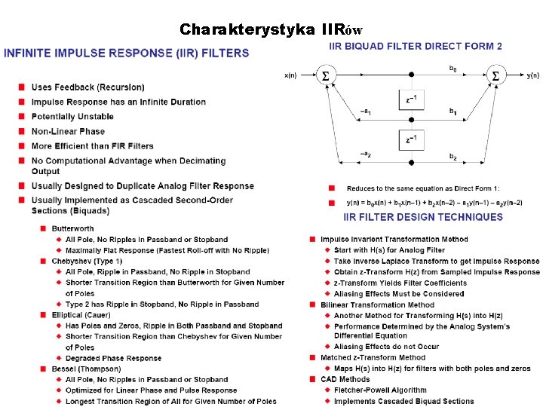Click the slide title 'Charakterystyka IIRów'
(x=271, y=30)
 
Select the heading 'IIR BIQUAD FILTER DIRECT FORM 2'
(x=416, y=47)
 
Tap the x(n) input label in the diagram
(x=290, y=76)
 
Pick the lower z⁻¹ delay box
(x=411, y=139)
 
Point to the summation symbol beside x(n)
(x=325, y=75)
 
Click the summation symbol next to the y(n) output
(x=495, y=75)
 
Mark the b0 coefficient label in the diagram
(x=452, y=69)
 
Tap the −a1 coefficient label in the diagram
(x=364, y=112)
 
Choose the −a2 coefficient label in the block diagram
(x=364, y=155)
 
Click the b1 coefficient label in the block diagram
(x=452, y=112)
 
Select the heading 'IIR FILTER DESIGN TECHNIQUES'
(x=423, y=217)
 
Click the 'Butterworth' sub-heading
(x=73, y=228)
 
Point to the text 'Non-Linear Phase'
(x=68, y=131)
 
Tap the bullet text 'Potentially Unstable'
(x=72, y=117)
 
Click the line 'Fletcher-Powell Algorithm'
(x=380, y=390)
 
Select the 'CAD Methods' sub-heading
(x=345, y=380)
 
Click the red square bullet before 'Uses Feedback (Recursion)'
(x=23, y=88)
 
